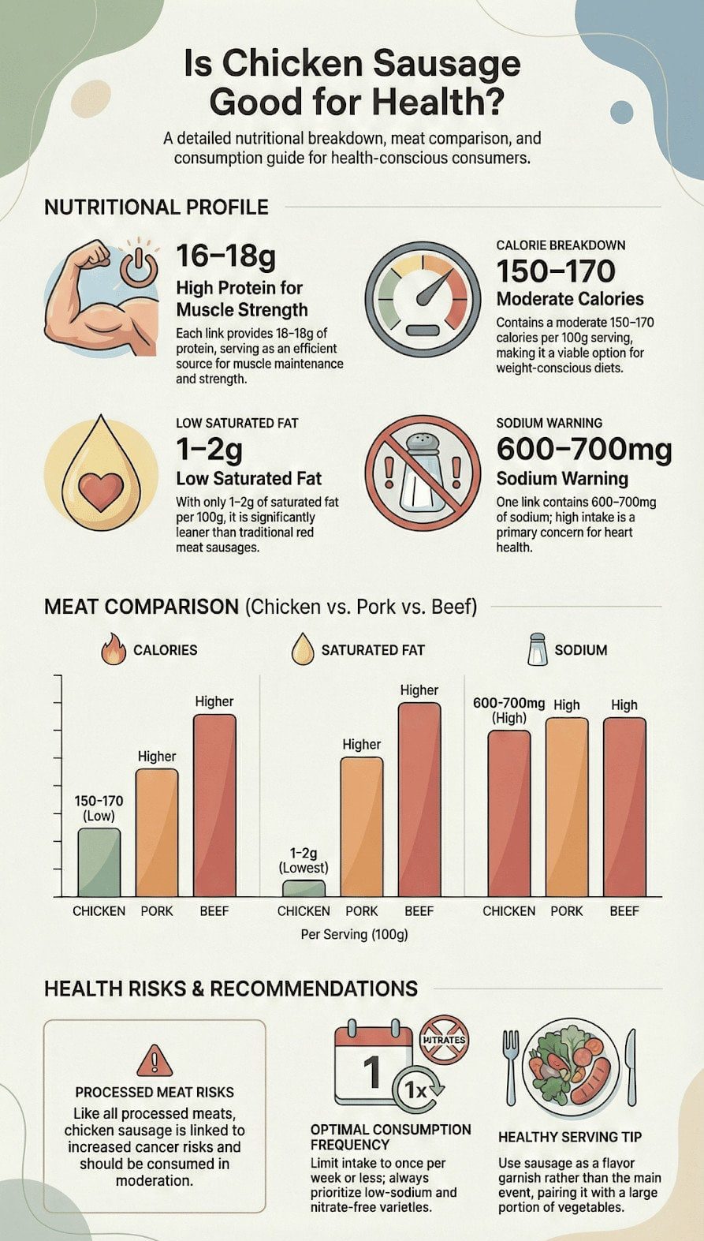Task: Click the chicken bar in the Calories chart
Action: click(x=99, y=862)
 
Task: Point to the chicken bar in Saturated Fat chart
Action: click(x=304, y=888)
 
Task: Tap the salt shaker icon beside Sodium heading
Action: click(x=538, y=649)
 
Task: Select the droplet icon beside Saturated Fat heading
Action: click(x=303, y=650)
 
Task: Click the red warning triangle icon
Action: click(x=155, y=1060)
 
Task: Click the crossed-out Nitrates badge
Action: click(x=444, y=1039)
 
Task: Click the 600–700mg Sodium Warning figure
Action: click(x=583, y=450)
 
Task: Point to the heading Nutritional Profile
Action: click(x=156, y=207)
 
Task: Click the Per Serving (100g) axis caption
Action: click(x=354, y=934)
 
